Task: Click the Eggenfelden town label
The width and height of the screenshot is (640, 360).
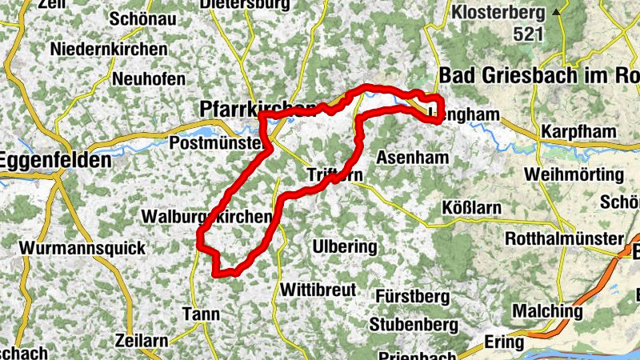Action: click(x=55, y=160)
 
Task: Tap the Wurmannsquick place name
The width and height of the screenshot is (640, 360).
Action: click(x=84, y=248)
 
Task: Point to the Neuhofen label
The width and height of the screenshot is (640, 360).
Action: click(x=149, y=79)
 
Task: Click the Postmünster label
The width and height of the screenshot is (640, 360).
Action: click(x=217, y=142)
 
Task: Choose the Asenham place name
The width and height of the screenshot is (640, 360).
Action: click(x=412, y=157)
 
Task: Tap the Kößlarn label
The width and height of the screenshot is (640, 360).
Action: click(x=471, y=208)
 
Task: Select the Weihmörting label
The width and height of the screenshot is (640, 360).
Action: click(x=573, y=174)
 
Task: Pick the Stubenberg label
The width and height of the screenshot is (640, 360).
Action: click(x=414, y=325)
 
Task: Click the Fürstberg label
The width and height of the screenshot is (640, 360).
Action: click(x=412, y=296)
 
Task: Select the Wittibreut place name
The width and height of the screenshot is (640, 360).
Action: click(x=318, y=289)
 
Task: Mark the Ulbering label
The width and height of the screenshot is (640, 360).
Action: click(x=345, y=246)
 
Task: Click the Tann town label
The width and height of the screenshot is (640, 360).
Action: click(x=202, y=314)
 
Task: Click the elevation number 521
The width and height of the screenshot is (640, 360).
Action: click(x=529, y=34)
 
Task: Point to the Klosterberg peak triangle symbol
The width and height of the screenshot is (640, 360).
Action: click(x=556, y=13)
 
